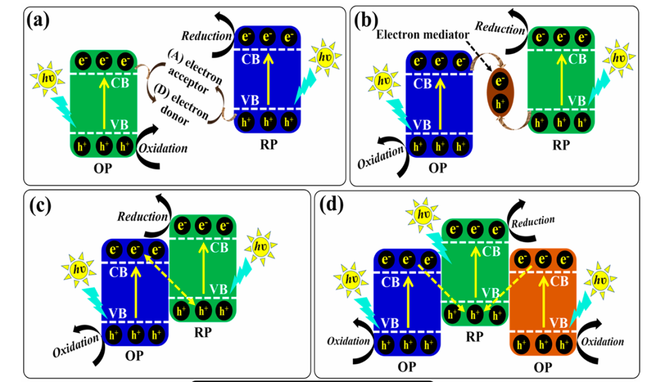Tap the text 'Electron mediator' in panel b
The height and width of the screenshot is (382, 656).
(416, 34)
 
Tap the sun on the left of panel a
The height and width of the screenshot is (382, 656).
(47, 79)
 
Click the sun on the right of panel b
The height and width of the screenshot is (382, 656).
(618, 59)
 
